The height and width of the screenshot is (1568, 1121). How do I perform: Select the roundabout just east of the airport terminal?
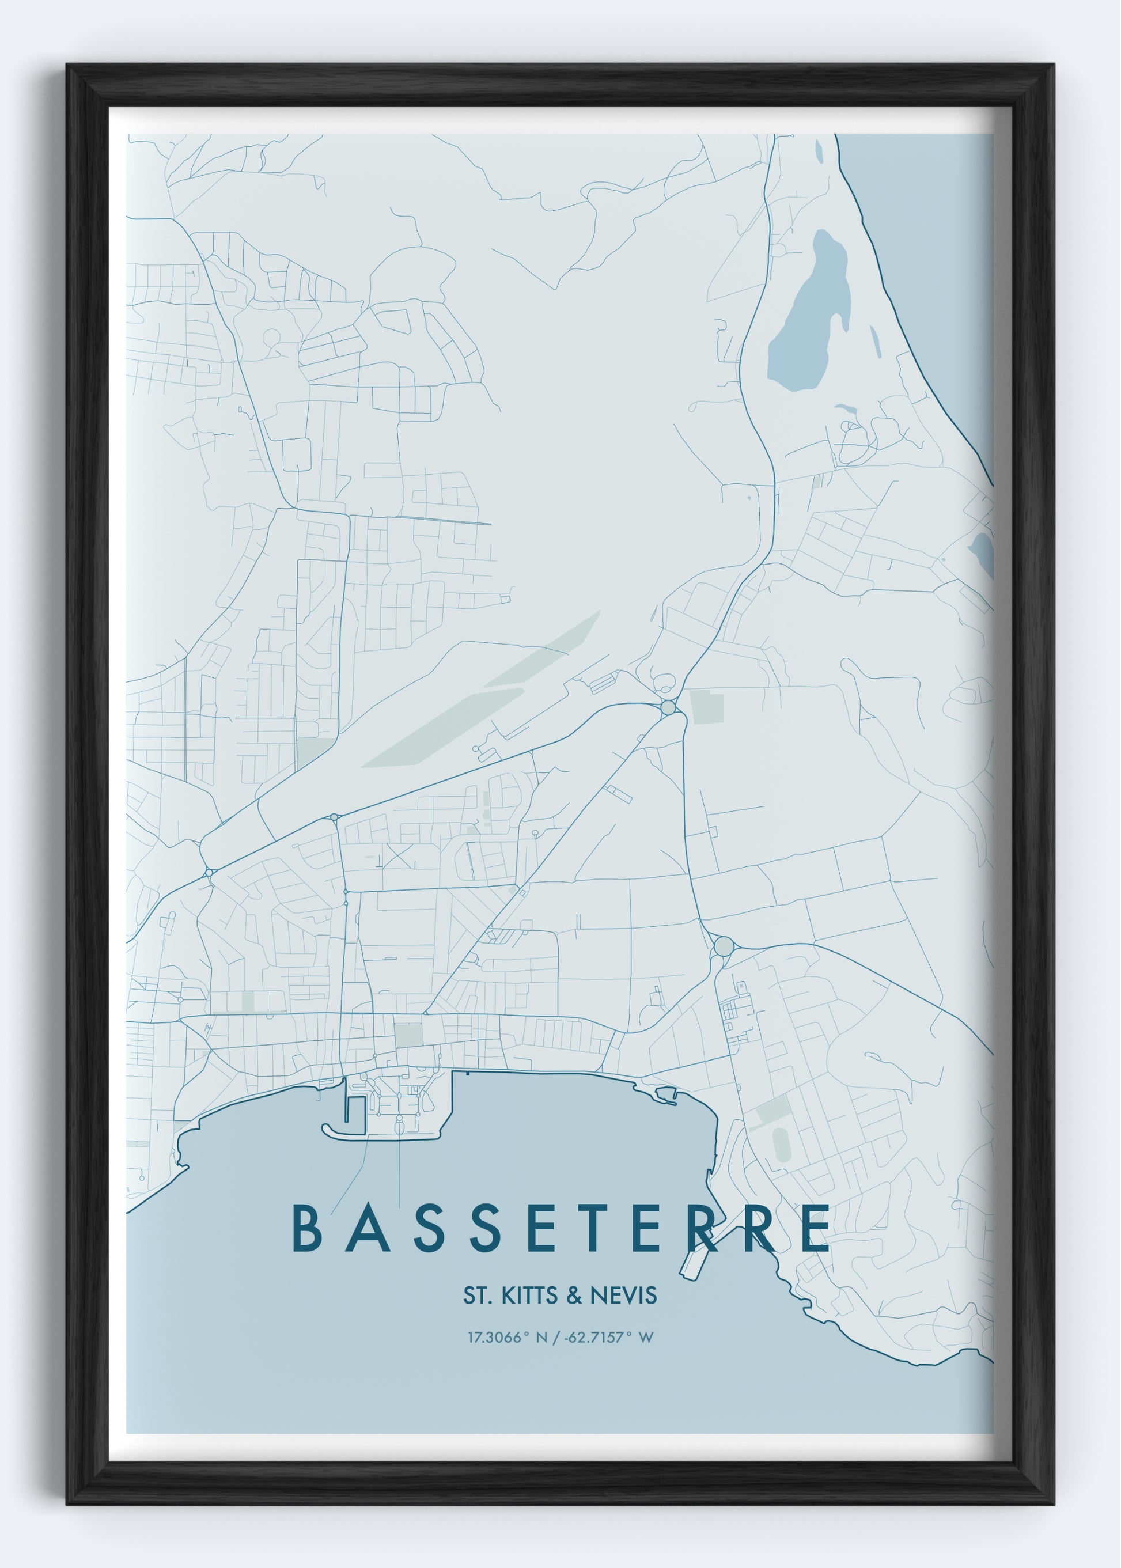[668, 708]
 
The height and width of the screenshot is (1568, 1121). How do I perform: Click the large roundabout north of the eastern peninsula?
[723, 946]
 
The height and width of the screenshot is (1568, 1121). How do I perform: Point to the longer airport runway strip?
[442, 728]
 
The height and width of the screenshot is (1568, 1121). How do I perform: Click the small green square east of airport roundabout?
[707, 707]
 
